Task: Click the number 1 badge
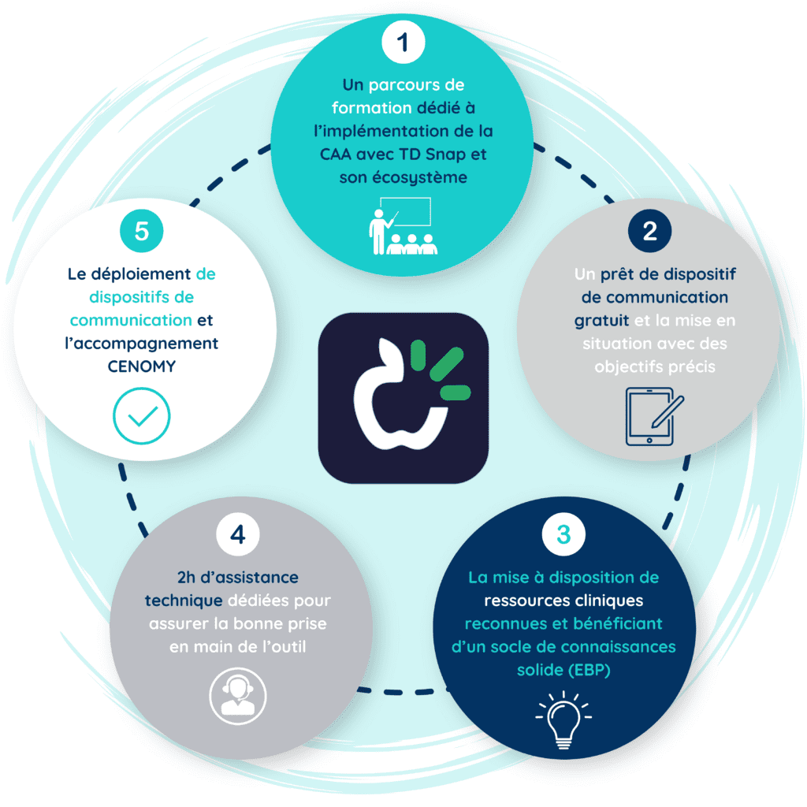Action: (403, 42)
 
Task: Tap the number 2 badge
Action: (649, 231)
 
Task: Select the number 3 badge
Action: (563, 534)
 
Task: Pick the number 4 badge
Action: (238, 534)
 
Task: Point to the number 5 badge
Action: (142, 231)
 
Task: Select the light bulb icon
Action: (563, 720)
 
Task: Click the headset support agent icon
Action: (238, 696)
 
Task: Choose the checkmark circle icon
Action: (142, 416)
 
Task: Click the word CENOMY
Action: (142, 366)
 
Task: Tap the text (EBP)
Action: (589, 670)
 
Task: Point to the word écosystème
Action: (420, 178)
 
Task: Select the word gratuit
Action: (601, 321)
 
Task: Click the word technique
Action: (184, 601)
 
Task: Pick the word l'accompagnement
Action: (142, 344)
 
